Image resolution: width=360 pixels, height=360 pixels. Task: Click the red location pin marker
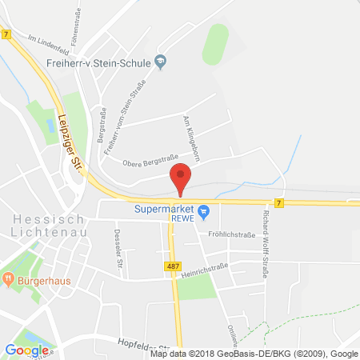pos(182,178)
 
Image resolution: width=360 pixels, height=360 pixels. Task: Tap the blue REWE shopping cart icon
pos(204,212)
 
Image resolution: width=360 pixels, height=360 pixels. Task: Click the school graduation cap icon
pos(161,61)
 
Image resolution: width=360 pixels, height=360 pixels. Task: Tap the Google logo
pos(26,350)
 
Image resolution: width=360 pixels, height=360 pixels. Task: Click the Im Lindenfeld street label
pos(45,38)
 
